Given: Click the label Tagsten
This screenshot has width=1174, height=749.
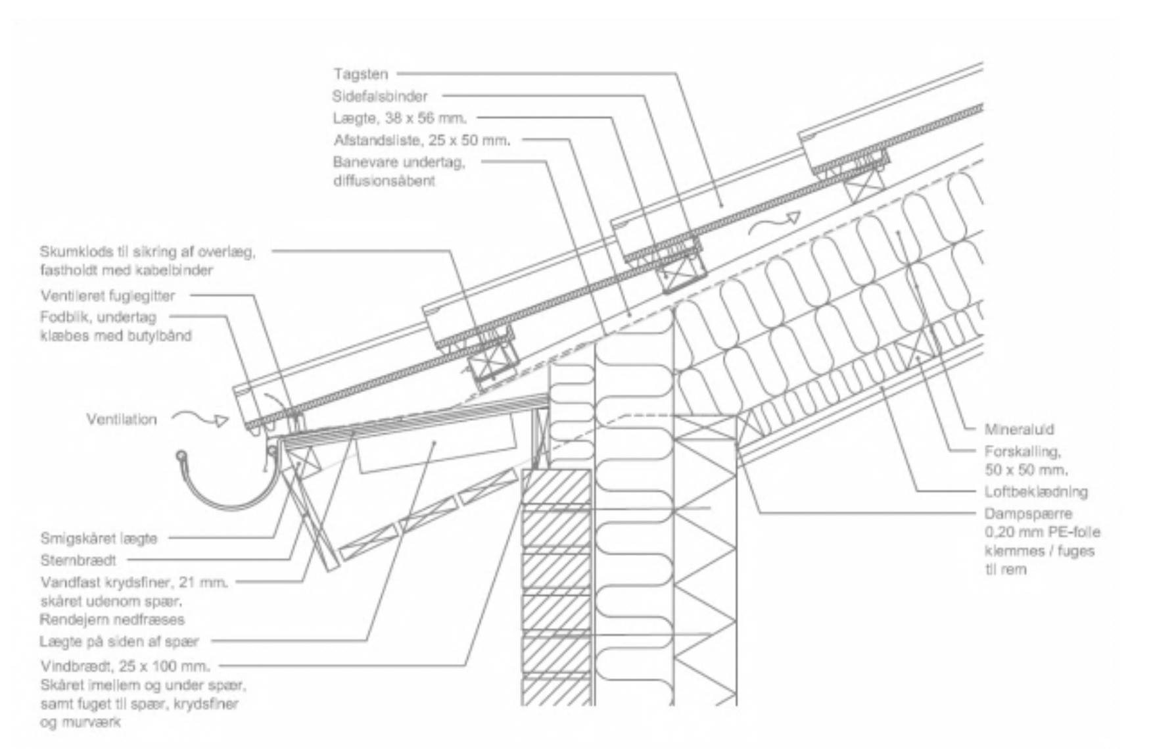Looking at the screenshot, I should pos(360,74).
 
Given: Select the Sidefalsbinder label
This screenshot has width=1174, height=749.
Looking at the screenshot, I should pos(380,97).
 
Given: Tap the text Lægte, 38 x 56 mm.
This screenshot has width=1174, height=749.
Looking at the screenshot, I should pos(400,118).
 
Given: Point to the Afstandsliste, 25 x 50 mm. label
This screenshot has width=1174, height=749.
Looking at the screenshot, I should pos(421,140).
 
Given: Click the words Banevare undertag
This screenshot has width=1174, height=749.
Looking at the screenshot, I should pos(398,162).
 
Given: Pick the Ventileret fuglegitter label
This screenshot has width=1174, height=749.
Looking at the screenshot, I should pos(108,296).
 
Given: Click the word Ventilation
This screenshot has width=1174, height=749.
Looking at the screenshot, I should pos(122,420).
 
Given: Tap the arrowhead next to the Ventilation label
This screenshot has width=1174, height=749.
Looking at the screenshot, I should pos(222,420).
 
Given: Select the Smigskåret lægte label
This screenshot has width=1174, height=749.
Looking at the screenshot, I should pos(99,539).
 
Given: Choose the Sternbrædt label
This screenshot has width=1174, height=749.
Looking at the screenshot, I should pos(78,560).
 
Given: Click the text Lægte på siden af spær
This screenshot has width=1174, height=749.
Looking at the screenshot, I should pos(119,641).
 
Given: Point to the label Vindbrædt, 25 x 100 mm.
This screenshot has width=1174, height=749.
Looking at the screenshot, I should pos(125,666).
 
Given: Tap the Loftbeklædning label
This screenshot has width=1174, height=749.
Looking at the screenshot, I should pos(1036,491).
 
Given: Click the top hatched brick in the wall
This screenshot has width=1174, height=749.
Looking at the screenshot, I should pos(556,487).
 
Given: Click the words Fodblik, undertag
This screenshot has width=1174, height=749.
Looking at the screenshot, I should pos(98,318).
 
